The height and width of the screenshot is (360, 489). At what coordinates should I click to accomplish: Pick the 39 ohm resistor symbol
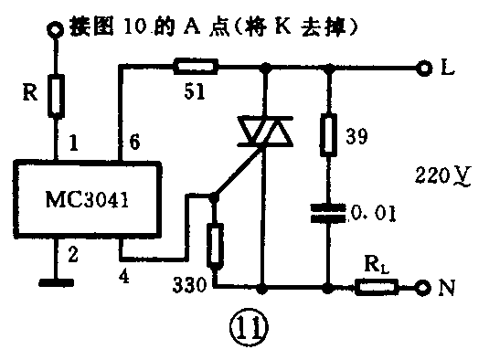330,136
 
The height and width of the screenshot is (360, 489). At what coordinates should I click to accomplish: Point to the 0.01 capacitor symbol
330,216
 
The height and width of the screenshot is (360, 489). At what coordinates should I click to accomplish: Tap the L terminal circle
422,67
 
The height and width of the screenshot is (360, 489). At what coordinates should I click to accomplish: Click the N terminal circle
422,287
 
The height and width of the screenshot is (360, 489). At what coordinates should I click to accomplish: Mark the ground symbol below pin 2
57,282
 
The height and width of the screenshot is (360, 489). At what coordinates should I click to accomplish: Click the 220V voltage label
436,174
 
